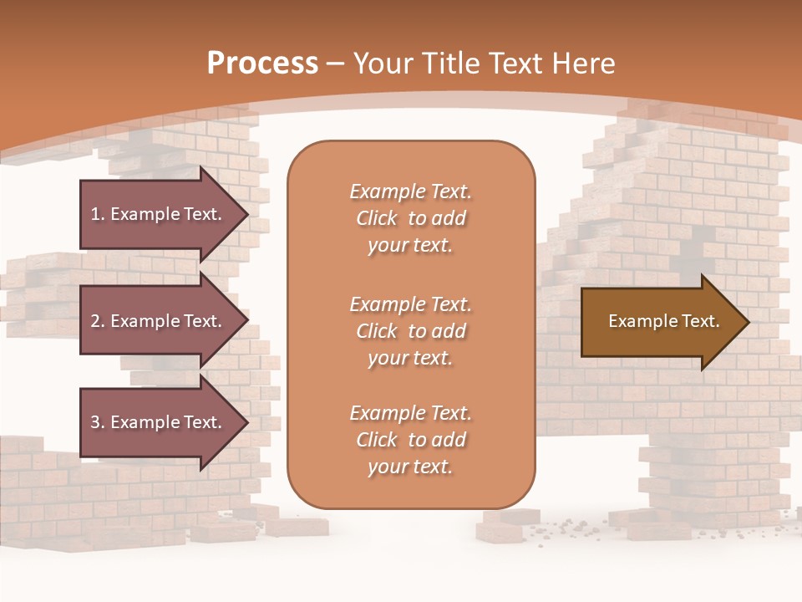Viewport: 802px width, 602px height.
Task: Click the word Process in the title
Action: click(x=262, y=64)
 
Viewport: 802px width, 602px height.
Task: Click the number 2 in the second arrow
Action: click(x=95, y=321)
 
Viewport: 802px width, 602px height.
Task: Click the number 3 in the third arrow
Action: click(x=95, y=422)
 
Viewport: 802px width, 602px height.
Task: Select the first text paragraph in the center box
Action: click(x=410, y=218)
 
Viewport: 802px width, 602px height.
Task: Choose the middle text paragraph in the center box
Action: click(x=410, y=331)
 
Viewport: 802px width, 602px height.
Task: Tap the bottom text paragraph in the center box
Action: click(x=410, y=440)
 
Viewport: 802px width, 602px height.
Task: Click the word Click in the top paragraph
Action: click(x=377, y=218)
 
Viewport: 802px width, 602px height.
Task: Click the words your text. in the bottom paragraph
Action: click(x=410, y=467)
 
